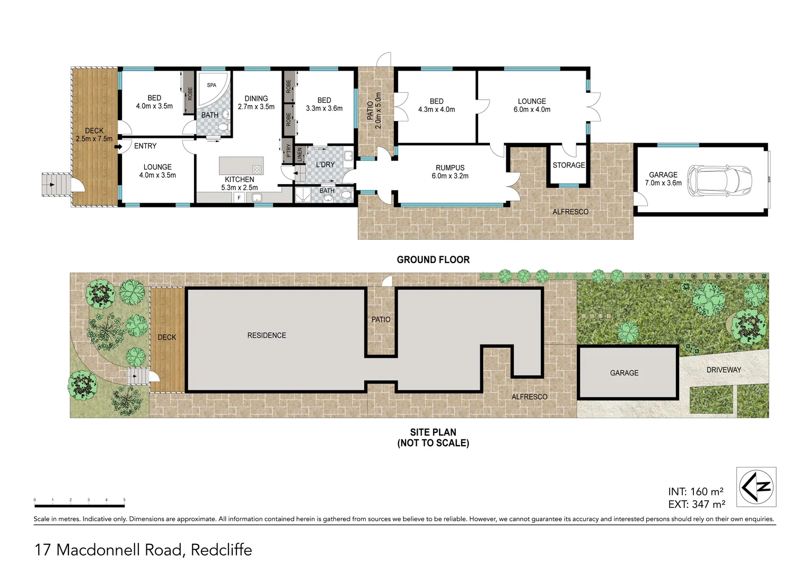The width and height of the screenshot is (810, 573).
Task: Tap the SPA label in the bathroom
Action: [x=212, y=85]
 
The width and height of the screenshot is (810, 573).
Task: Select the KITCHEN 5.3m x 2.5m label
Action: [x=239, y=184]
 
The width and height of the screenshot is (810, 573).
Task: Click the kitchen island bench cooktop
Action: [x=257, y=170]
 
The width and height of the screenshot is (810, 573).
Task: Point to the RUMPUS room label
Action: [x=450, y=172]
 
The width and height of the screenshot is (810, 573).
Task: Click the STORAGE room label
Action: [x=568, y=165]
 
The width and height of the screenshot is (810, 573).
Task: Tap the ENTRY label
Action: [x=145, y=146]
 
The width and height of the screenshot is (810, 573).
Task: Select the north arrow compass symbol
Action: [x=756, y=487]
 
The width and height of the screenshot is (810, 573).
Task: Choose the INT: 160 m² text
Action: [x=696, y=491]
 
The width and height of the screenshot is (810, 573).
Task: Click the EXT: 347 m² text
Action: [x=696, y=505]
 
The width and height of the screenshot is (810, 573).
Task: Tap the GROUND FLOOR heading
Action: [x=433, y=259]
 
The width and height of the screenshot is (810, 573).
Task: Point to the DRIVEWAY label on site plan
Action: [x=723, y=370]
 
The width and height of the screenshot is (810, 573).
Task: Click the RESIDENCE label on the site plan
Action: [x=266, y=335]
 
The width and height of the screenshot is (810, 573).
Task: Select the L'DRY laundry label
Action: [x=325, y=164]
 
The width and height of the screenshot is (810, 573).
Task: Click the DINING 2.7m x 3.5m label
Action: [x=256, y=102]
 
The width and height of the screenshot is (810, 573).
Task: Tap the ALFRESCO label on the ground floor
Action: [x=570, y=212]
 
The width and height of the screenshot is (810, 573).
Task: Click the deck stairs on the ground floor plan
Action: [x=56, y=185]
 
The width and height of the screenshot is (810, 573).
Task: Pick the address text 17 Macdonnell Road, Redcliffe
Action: [x=143, y=550]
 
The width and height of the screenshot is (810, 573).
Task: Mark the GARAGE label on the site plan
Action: [x=624, y=373]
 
